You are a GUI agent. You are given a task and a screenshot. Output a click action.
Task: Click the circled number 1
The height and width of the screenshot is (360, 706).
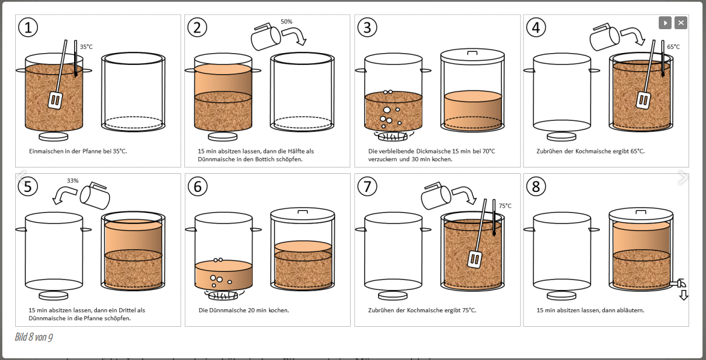(x=28, y=27)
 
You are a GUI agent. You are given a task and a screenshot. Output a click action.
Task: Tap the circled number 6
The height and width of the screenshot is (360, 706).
(x=198, y=187)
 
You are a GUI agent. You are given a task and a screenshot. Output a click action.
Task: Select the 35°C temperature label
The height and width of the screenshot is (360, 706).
(x=86, y=47)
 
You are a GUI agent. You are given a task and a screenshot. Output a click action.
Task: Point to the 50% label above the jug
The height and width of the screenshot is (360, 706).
(x=286, y=22)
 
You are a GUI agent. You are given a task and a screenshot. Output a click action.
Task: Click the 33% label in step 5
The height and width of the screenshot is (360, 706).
(x=72, y=181)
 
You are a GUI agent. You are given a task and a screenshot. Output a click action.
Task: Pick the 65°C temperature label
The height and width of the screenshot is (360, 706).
(x=673, y=47)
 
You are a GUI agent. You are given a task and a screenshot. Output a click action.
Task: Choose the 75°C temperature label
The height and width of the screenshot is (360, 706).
(x=505, y=206)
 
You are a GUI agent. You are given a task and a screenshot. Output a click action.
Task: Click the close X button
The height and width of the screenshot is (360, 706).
(x=681, y=23)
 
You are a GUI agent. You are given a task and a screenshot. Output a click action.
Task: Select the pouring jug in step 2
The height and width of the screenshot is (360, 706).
(x=263, y=37)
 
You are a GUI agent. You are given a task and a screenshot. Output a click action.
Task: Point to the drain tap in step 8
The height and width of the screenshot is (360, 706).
(x=679, y=283)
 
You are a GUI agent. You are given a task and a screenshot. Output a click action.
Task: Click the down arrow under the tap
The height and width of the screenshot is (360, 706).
(x=684, y=295)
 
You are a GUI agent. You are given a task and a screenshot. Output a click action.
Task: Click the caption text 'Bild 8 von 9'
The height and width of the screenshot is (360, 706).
(x=34, y=337)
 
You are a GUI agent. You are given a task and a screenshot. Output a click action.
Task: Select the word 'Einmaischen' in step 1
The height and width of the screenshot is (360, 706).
(x=45, y=151)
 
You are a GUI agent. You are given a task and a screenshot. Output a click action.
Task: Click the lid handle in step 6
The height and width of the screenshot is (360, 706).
(x=303, y=211)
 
